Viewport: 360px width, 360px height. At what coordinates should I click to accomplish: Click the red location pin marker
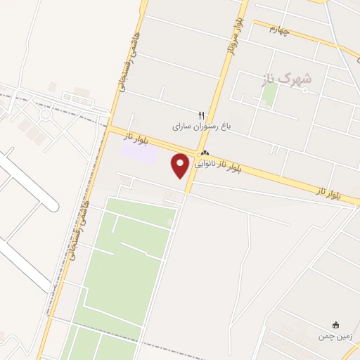pos(181,165)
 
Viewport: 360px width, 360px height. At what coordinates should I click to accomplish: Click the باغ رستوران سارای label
pos(202,127)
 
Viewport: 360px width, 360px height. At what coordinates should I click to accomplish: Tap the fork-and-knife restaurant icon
pos(202,115)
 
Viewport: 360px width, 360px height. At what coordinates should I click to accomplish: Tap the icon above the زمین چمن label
pos(336,325)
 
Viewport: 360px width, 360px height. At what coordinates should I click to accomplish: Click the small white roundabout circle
pos(46,113)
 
